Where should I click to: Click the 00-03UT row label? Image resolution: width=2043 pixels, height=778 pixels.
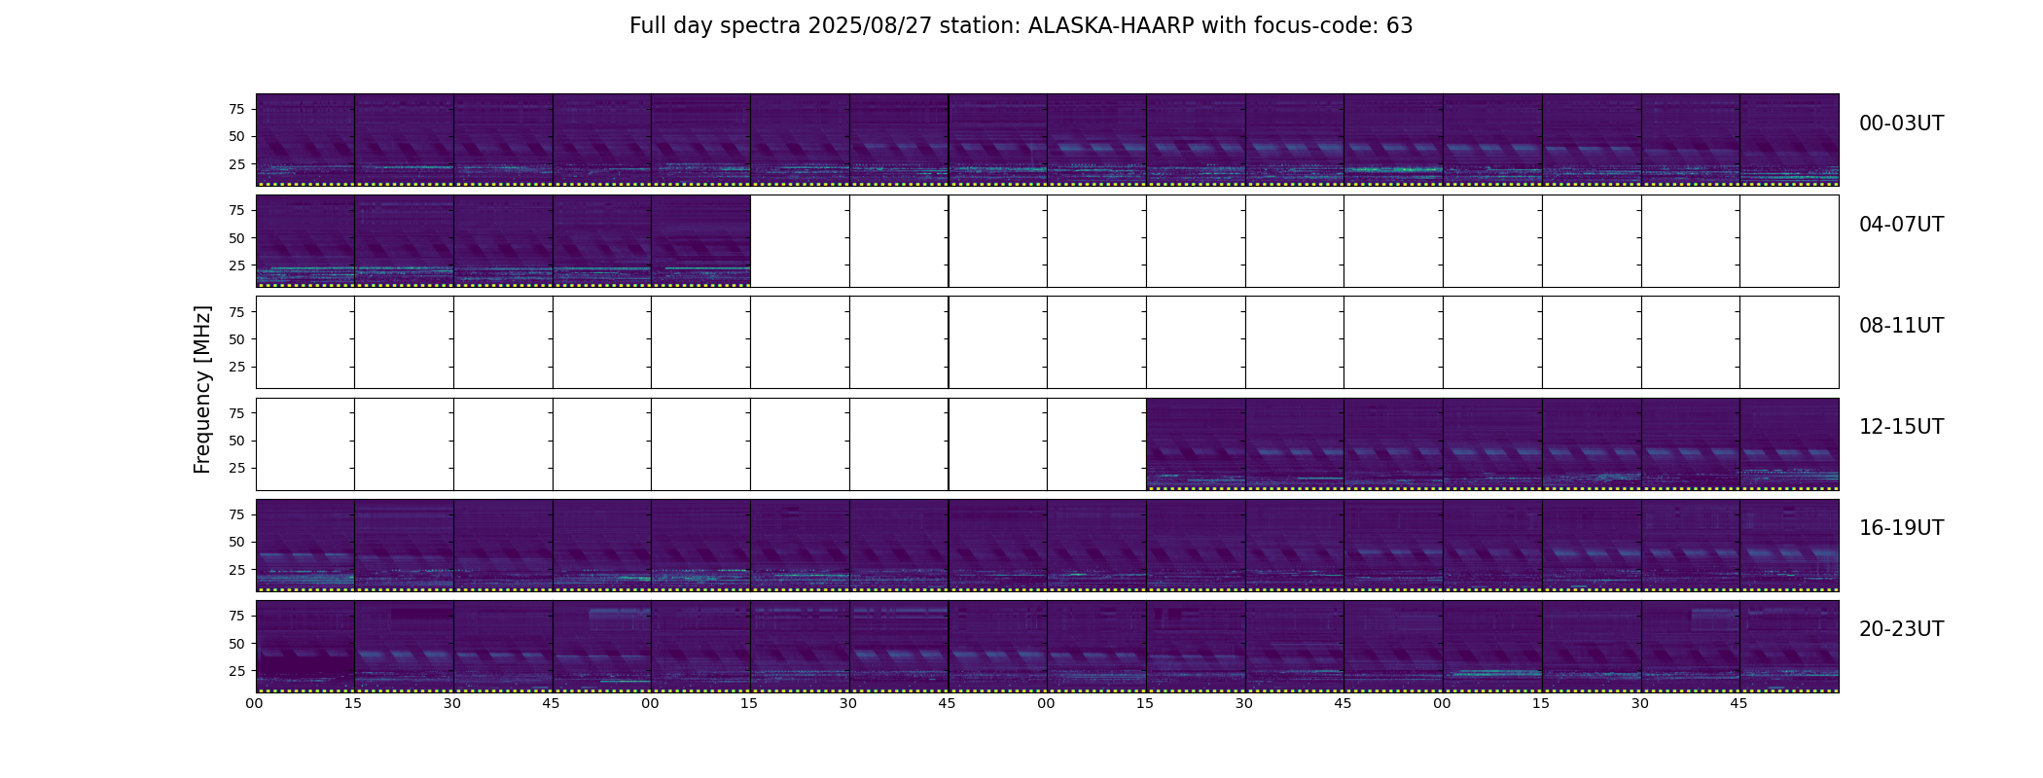pos(1901,124)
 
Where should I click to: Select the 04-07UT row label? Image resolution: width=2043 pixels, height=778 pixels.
pos(1901,225)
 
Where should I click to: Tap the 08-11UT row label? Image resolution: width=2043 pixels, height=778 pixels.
pos(1901,326)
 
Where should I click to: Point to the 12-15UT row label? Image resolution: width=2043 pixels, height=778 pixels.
pos(1901,427)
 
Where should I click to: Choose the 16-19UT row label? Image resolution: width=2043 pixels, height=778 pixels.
pos(1901,528)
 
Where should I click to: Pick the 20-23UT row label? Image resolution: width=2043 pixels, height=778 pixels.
pos(1901,629)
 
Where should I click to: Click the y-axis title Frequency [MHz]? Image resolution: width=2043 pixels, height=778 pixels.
pos(202,389)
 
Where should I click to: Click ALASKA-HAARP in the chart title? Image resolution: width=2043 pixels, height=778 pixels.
pos(1111,26)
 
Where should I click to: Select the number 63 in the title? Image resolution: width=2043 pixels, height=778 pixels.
pos(1400,26)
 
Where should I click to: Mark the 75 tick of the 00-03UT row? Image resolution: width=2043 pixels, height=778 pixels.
pos(236,109)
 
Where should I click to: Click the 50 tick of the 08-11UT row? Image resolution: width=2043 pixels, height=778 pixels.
pos(236,339)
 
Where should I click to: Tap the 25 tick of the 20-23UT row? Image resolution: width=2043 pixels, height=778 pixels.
pos(236,671)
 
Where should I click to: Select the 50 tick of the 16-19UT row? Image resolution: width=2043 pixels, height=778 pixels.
pos(236,542)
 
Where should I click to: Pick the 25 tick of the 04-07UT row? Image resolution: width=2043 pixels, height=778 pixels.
pos(236,265)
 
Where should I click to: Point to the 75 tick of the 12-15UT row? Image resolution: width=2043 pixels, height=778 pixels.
pos(236,413)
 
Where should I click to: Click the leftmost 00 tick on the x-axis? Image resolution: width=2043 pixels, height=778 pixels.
pos(255,703)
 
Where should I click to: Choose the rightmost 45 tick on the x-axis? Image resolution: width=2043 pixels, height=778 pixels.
pos(1739,703)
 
